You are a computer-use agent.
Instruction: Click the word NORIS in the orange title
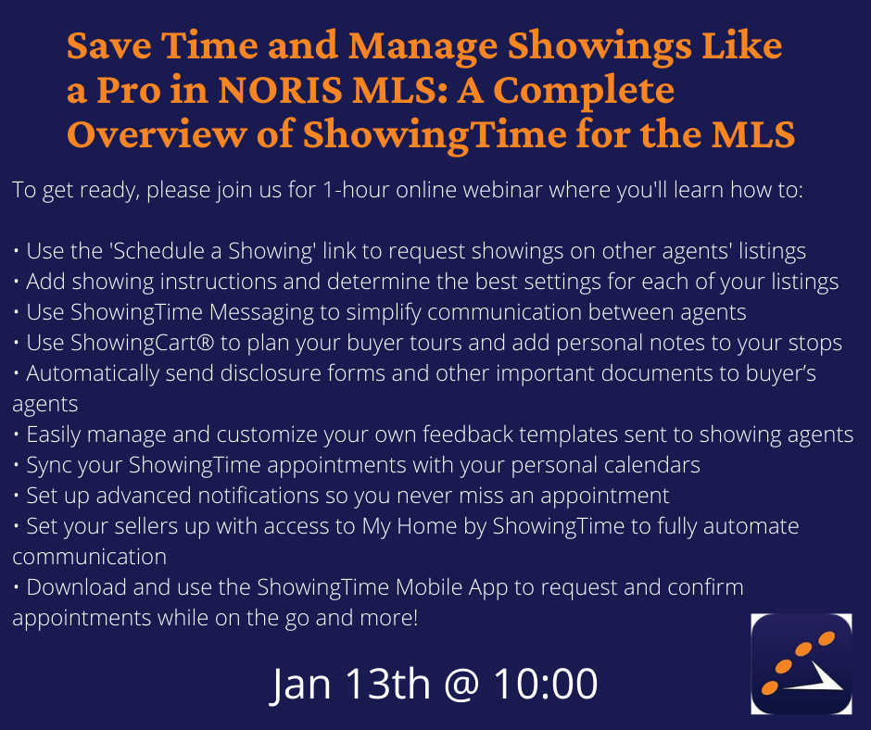point(280,90)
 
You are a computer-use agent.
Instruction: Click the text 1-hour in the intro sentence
point(356,190)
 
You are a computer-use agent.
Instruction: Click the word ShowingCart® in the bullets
point(142,344)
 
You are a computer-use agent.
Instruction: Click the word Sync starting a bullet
point(46,466)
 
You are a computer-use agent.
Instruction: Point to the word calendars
point(652,465)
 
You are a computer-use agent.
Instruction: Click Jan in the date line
point(300,684)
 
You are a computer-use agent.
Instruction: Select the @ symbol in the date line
point(461,685)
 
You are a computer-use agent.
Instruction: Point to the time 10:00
point(546,684)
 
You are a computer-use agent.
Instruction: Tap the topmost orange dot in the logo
point(826,639)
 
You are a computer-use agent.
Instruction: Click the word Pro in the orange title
point(129,90)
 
